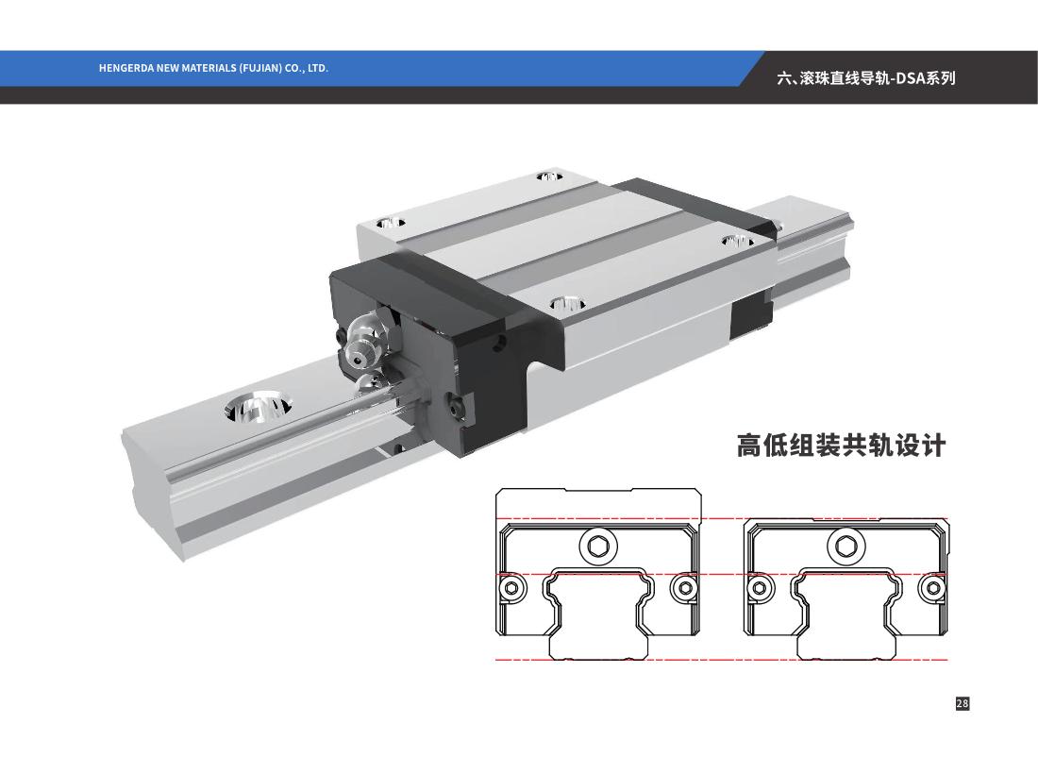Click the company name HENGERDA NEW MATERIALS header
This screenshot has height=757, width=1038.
coord(213,68)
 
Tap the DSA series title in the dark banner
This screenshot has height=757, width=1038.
coord(866,78)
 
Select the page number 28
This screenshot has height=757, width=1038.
coord(963,703)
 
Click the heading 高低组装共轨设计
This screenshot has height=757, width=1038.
coord(841,446)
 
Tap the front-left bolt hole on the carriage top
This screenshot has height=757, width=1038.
coord(391,223)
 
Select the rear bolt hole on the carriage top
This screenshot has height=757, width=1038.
coord(549,177)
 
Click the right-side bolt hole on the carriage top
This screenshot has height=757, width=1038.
coord(738,241)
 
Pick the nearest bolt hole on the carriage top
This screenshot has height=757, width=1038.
coord(567,304)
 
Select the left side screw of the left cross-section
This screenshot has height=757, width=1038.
coord(511,587)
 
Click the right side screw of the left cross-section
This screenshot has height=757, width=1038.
coord(684,587)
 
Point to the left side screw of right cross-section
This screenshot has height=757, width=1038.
coord(759,587)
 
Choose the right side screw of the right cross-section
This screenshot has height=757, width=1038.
coord(932,587)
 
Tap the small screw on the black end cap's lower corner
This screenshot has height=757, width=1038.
coord(456,408)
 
